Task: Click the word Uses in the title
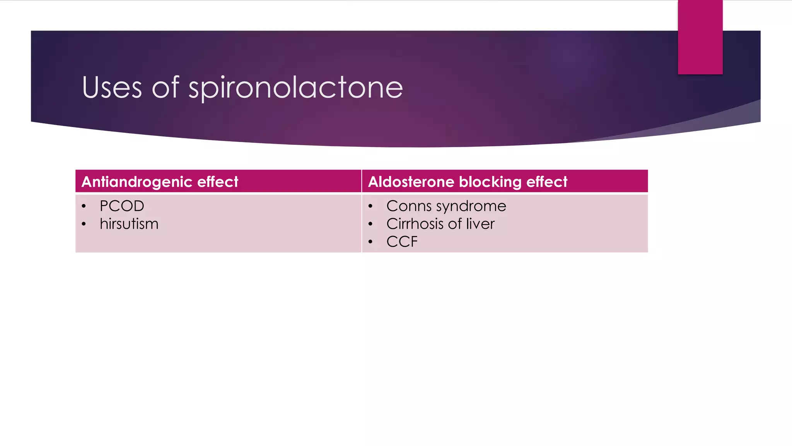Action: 112,87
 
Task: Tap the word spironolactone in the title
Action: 295,88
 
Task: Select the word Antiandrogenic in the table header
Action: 137,182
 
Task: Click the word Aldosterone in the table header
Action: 411,182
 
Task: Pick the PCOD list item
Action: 122,206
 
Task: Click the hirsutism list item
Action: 129,224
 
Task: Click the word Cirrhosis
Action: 415,224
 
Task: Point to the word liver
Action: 480,224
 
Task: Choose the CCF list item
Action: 402,242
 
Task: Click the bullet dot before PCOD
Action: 84,206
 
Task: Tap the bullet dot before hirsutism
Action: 84,224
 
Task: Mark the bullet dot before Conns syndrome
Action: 370,206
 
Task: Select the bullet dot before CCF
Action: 370,242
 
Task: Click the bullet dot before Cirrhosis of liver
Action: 370,224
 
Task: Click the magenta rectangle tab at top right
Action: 700,37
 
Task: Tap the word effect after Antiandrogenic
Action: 218,182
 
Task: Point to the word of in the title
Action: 165,87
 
